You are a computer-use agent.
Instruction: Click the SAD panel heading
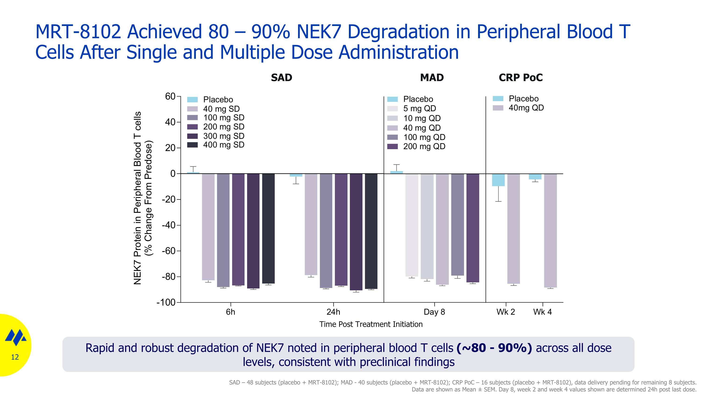[x=281, y=78]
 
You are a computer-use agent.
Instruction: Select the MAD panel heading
[x=432, y=78]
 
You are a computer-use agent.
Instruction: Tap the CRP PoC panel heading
[x=520, y=78]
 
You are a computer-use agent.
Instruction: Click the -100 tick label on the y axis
[x=166, y=302]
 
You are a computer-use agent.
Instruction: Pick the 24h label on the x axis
[x=333, y=312]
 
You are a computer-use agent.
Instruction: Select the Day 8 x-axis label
[x=434, y=312]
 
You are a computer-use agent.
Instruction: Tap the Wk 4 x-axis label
[x=542, y=312]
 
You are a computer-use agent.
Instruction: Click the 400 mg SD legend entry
[x=223, y=145]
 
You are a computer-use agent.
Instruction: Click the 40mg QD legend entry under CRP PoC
[x=526, y=108]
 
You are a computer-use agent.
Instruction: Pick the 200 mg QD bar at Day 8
[x=472, y=228]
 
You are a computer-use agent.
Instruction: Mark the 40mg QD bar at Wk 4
[x=550, y=231]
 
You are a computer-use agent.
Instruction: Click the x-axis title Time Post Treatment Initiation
[x=371, y=324]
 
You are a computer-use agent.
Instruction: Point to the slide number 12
[x=15, y=357]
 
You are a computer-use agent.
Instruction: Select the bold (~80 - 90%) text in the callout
[x=494, y=348]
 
